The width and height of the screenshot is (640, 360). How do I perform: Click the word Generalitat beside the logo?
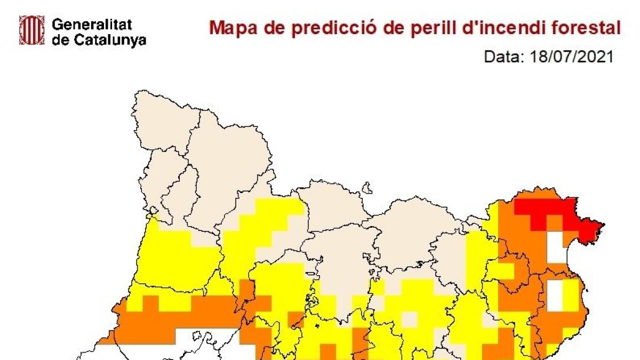click(92, 25)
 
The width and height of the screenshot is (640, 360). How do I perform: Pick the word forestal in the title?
click(589, 28)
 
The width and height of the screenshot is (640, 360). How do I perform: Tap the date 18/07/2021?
click(572, 57)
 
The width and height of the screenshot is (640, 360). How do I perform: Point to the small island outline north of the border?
click(366, 188)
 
